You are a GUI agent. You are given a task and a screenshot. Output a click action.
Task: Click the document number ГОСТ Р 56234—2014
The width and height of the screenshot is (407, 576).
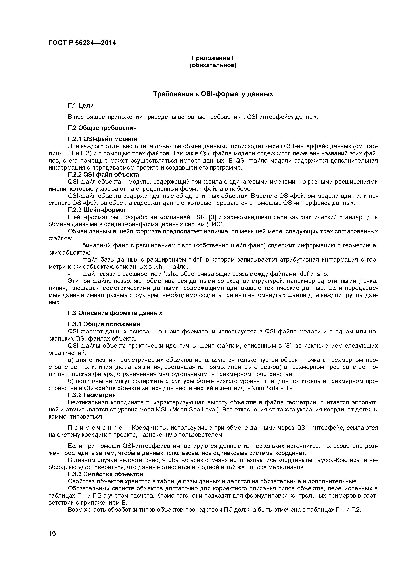pos(82,43)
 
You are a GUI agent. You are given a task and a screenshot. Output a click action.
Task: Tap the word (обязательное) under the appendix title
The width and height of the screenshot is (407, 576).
pos(213,66)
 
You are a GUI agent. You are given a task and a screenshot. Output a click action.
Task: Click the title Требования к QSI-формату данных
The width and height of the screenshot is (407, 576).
pos(213,94)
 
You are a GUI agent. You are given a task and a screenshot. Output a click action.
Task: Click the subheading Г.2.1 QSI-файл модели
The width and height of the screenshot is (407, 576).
pos(103,139)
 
